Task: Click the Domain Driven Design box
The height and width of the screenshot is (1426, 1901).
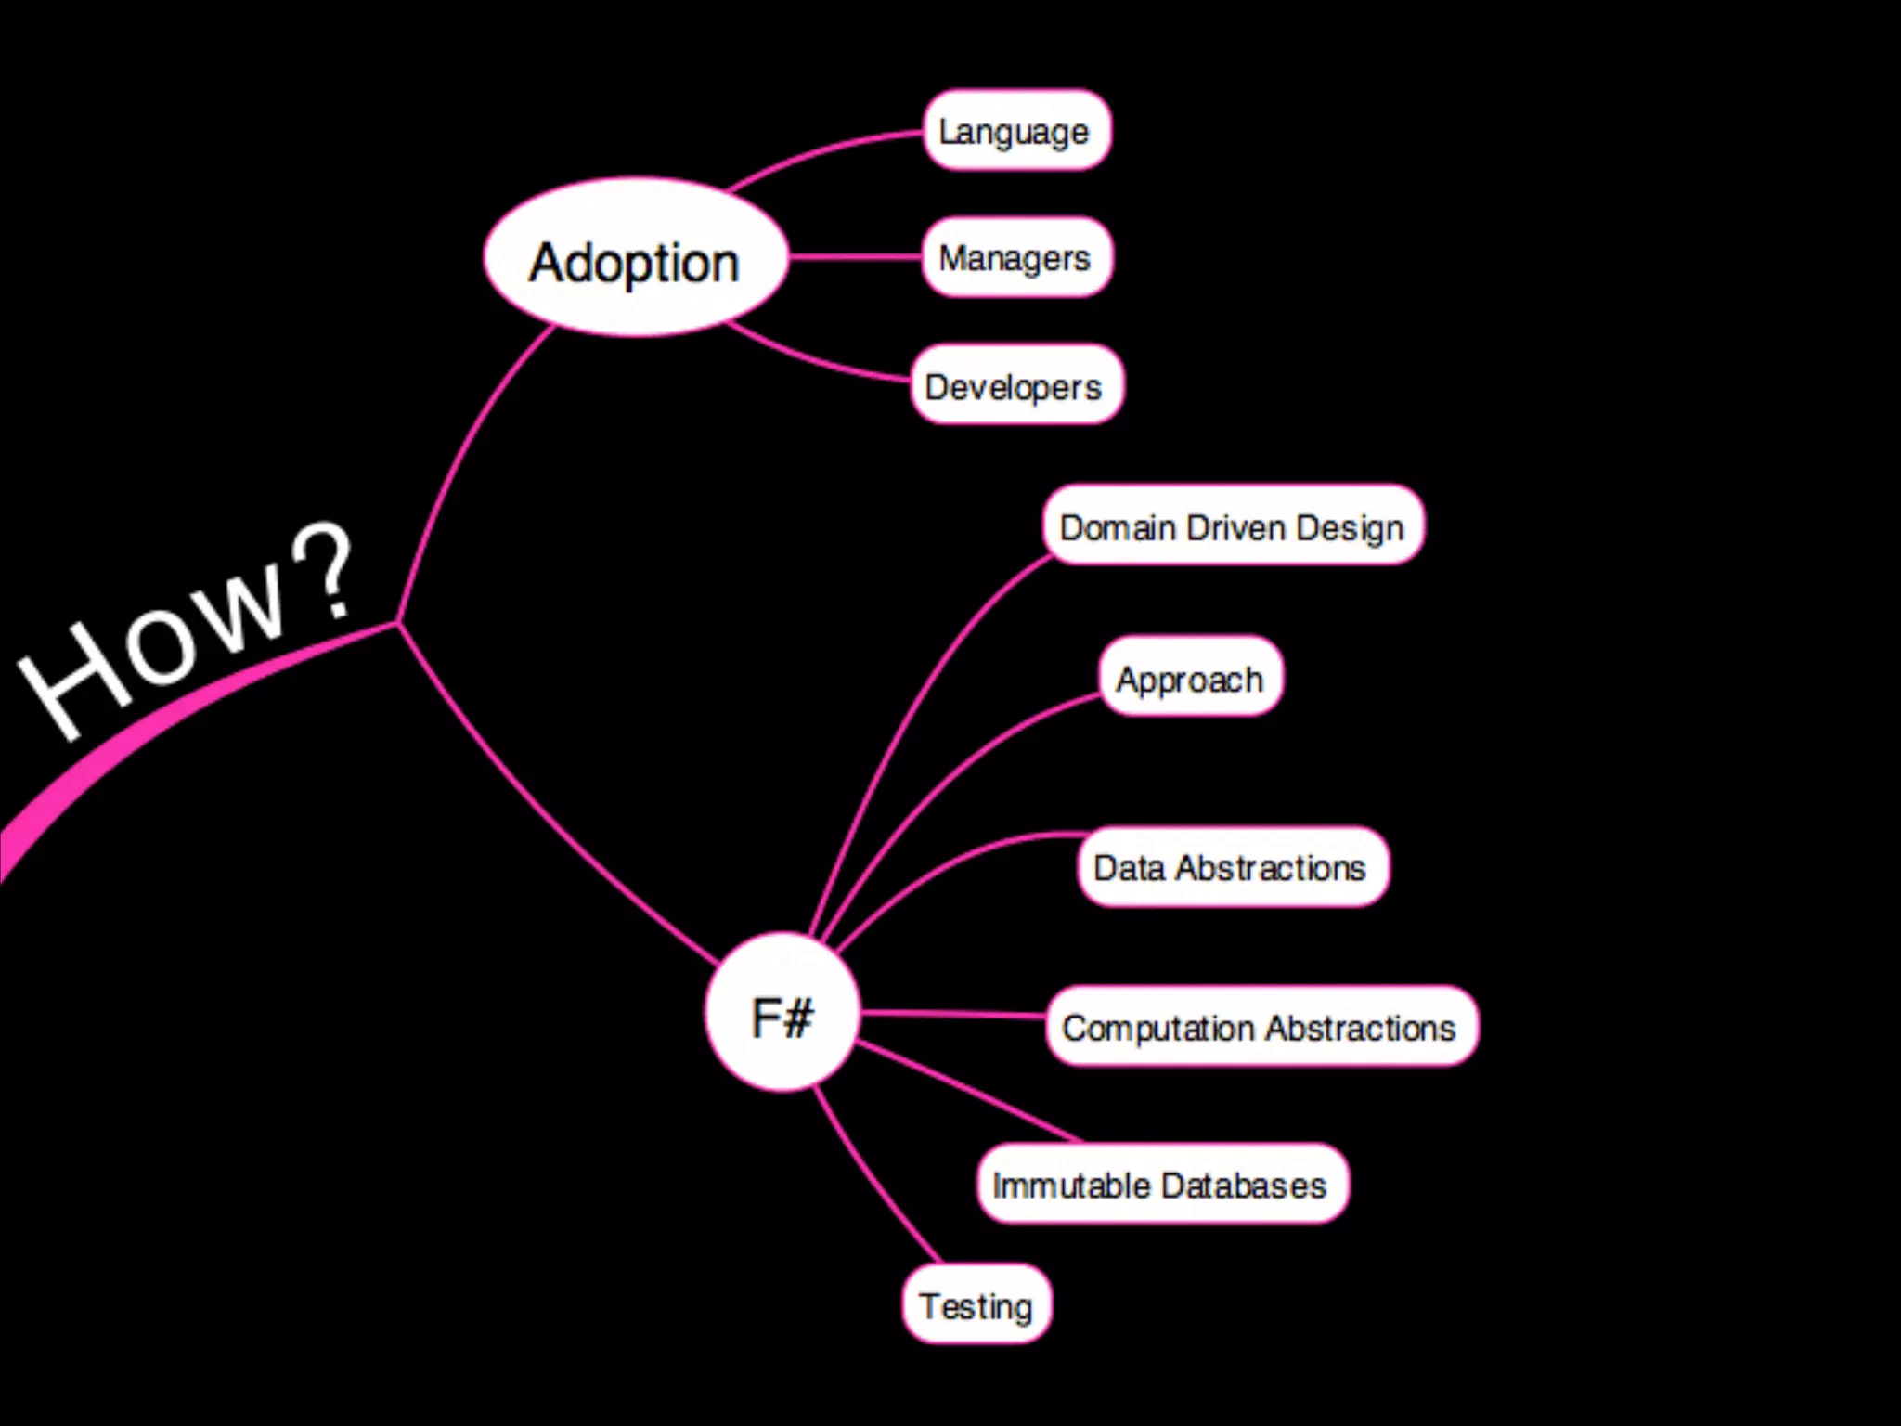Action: point(1233,525)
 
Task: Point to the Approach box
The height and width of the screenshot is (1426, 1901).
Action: point(1190,678)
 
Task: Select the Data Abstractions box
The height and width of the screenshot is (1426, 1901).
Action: point(1232,867)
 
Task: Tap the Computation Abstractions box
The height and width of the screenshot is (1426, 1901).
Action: point(1261,1027)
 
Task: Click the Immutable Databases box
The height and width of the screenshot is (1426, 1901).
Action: point(1161,1185)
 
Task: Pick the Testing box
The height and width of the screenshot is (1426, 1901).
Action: point(976,1304)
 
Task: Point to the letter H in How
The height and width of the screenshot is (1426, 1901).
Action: point(74,682)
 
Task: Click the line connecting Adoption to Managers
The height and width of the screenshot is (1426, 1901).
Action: point(854,257)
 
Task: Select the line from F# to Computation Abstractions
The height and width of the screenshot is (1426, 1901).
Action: point(951,1013)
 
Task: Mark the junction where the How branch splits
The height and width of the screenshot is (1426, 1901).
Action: point(398,623)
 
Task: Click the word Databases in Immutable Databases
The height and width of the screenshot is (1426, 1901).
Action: point(1243,1186)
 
